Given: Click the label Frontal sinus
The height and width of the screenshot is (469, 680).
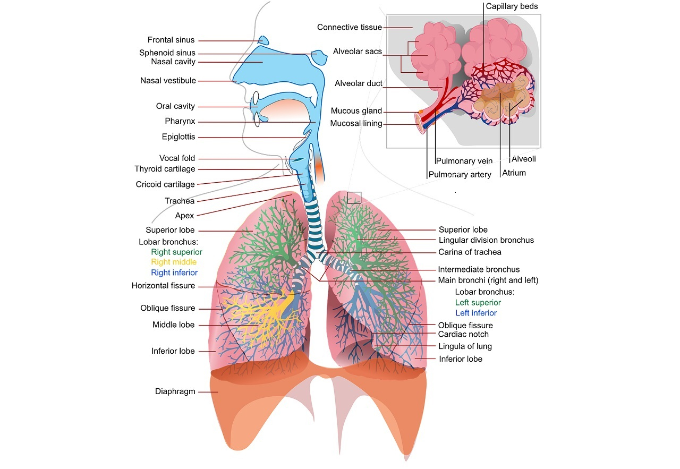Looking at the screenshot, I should (x=171, y=40).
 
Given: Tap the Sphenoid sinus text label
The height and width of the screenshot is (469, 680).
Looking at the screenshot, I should (x=167, y=53).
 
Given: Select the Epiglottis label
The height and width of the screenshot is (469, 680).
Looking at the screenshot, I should (x=178, y=137).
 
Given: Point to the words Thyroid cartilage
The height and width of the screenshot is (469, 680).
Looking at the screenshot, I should (x=165, y=169).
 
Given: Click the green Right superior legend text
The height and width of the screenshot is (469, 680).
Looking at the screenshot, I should (x=176, y=252).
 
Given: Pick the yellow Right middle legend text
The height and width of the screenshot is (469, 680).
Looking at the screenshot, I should (x=174, y=262).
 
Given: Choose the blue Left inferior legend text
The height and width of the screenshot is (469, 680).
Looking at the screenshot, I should (x=476, y=313).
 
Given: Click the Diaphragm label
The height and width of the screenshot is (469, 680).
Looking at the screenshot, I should (x=175, y=392).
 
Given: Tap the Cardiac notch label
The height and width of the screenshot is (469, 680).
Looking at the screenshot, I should (x=463, y=335).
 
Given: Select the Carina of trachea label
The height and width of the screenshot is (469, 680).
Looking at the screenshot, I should (x=470, y=252).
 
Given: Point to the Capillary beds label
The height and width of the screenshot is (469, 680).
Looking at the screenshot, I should (x=512, y=7).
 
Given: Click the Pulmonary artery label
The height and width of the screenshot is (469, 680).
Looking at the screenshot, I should (x=460, y=175).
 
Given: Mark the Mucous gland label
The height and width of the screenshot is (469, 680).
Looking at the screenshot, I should (x=356, y=111).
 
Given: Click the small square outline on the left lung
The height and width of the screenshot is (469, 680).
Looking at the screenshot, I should (x=354, y=198).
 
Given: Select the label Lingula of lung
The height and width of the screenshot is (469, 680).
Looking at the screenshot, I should (x=465, y=347).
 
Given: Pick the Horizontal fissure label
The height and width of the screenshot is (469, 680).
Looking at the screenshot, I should (x=163, y=286).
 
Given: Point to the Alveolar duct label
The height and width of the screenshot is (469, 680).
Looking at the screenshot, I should (x=359, y=84).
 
